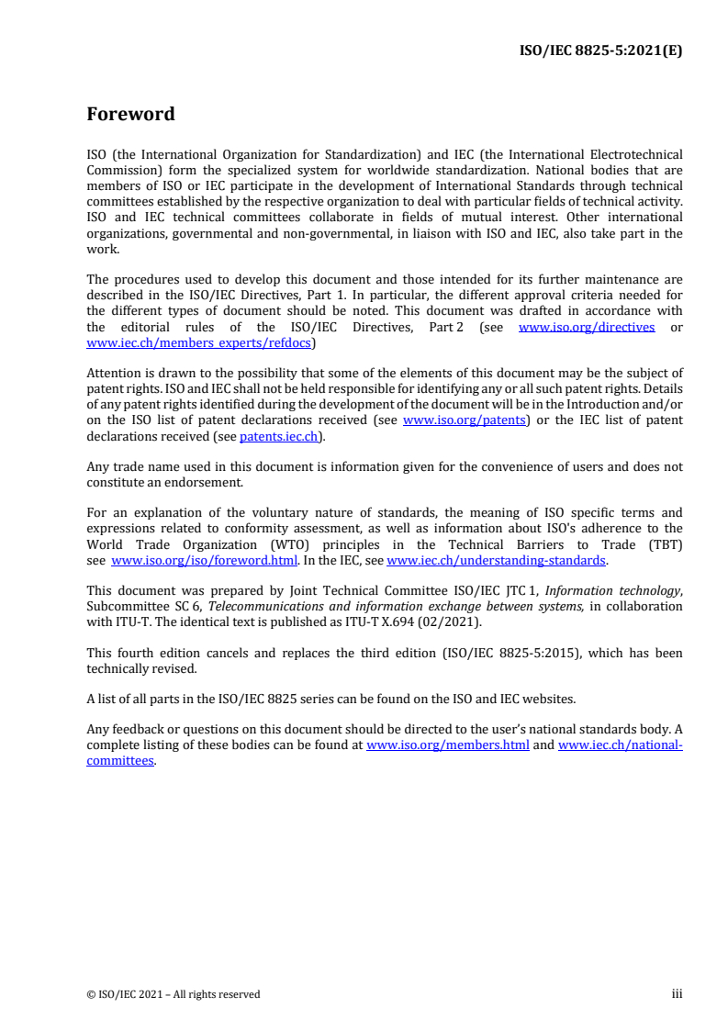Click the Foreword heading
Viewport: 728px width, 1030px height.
(130, 115)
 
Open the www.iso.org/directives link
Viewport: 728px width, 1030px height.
(587, 328)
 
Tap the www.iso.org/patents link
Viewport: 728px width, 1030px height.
(464, 420)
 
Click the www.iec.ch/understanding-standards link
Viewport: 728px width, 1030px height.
(496, 560)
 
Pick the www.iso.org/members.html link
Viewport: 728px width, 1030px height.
(447, 745)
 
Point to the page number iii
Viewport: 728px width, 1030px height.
(677, 994)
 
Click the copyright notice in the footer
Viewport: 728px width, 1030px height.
(173, 994)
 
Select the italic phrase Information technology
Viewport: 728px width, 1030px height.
(622, 591)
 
